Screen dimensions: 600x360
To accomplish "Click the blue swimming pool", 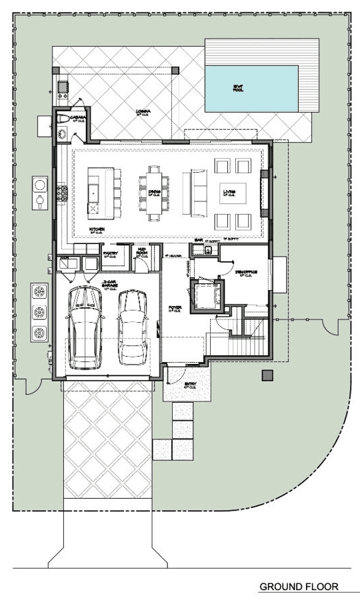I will coord(251,88).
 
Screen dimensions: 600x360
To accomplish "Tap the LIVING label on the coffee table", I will coord(229,193).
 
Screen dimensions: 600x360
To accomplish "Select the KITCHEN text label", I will coord(98,230).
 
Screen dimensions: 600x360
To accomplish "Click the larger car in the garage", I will coord(86,327).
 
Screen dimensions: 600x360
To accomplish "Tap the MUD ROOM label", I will coord(142,253).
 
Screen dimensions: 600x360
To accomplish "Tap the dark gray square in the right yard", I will coord(267,375).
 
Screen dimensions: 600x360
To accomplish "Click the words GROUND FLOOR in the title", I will coord(298,587).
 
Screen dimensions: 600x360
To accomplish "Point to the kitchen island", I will coord(97,191).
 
